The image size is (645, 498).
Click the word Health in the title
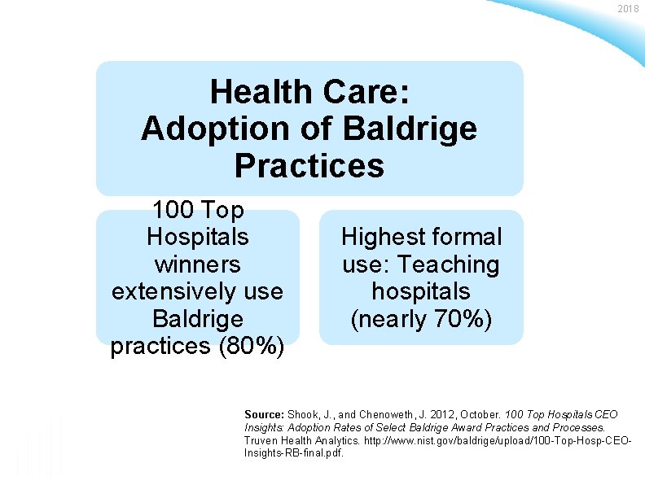point(261,92)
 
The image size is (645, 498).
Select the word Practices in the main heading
point(309,165)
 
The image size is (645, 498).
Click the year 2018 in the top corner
point(628,8)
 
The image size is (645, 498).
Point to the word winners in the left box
point(196,264)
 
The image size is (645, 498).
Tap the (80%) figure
point(250,346)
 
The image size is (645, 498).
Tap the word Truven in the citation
point(261,439)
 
